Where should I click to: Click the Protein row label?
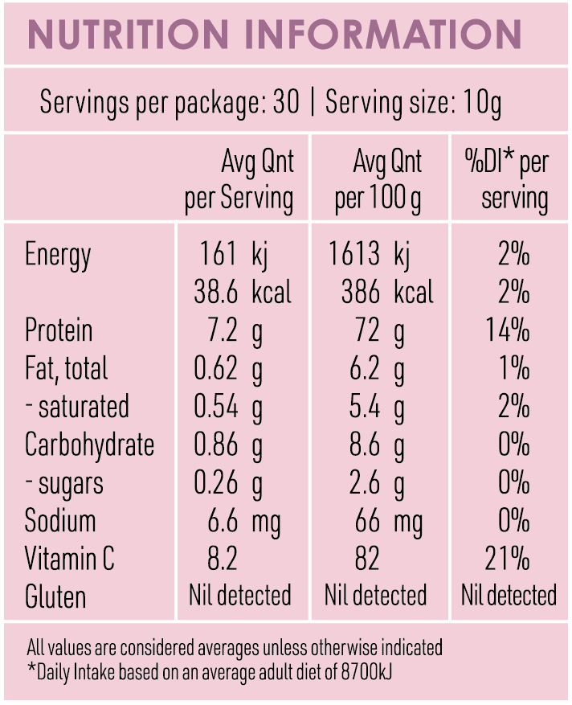click(59, 330)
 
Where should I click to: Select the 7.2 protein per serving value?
click(217, 330)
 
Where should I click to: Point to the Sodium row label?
click(60, 521)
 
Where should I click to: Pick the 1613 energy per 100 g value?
click(354, 255)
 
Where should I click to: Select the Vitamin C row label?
click(70, 559)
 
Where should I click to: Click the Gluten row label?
click(55, 597)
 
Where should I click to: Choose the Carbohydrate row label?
click(89, 445)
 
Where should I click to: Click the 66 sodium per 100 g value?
click(368, 521)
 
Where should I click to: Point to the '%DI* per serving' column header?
click(507, 180)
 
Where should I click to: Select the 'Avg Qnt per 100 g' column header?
click(378, 180)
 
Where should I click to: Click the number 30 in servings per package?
click(285, 103)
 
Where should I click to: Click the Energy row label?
click(58, 255)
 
